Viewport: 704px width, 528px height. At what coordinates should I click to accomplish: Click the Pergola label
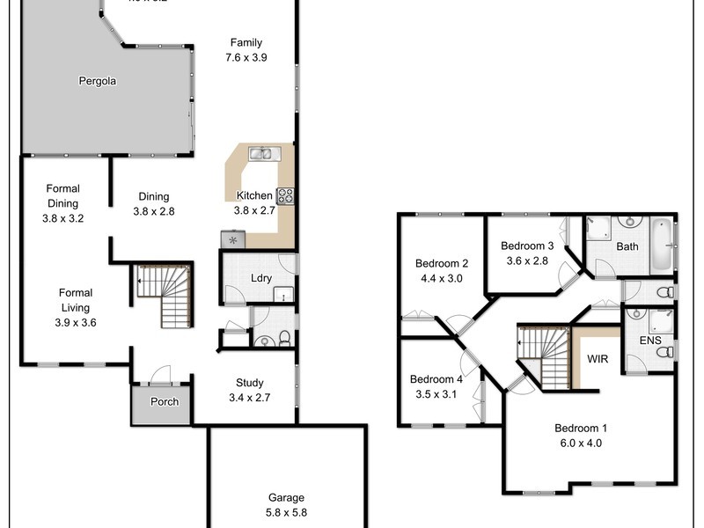coord(96,81)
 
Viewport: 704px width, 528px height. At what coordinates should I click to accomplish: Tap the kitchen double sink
coord(262,154)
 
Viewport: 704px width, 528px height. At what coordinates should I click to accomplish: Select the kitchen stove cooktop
coord(285,196)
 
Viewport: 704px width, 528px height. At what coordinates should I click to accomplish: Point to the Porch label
coord(164,402)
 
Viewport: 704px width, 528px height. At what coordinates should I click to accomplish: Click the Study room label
coord(249,383)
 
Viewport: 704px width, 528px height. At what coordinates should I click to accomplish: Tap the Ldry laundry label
coord(260,279)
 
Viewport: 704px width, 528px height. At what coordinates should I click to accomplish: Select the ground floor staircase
coord(165,294)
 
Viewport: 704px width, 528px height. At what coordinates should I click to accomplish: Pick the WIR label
coord(598,360)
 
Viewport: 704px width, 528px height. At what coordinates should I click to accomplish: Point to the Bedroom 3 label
coord(527,246)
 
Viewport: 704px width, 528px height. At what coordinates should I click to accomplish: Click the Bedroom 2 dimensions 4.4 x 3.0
coord(441,278)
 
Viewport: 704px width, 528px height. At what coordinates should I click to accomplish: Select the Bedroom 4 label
coord(436,379)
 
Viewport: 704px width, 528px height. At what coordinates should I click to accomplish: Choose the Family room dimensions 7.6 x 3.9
coord(246,57)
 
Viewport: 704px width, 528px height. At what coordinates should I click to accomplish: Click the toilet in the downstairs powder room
coord(264,339)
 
